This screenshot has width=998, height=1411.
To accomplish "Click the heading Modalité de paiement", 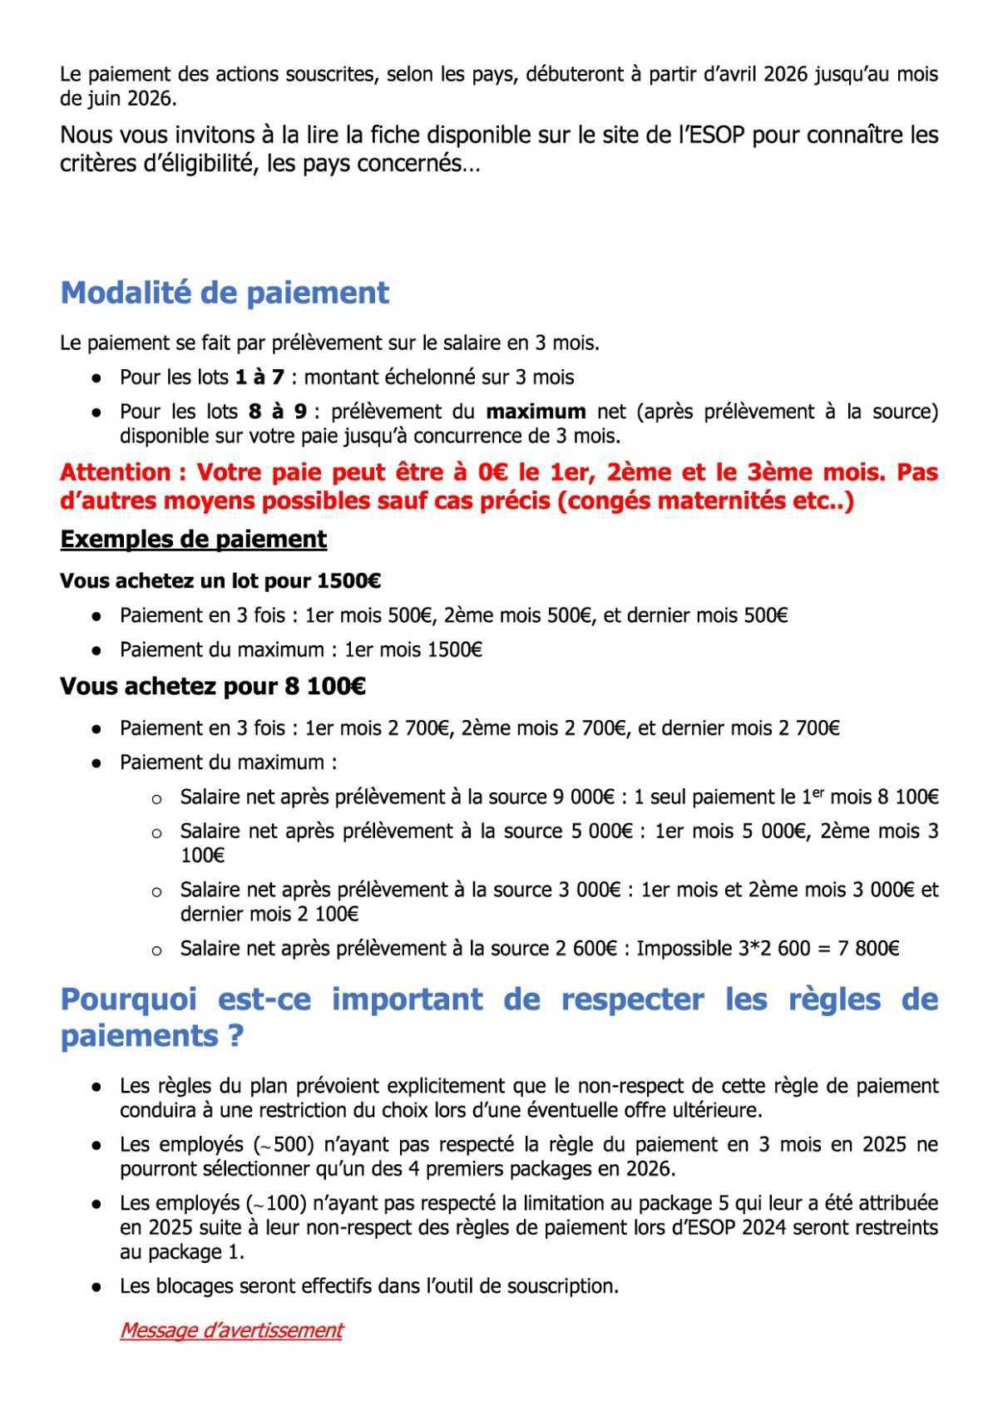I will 225,293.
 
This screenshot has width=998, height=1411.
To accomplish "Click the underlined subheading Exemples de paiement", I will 193,539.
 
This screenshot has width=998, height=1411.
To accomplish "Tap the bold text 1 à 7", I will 259,377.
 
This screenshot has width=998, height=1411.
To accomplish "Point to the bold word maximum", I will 536,411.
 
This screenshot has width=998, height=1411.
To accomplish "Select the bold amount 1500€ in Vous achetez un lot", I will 348,580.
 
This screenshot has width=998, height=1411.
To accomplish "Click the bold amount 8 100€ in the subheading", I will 324,687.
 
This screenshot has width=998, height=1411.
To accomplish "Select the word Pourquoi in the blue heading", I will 129,999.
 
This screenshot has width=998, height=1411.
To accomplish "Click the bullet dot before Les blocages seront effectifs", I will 97,1287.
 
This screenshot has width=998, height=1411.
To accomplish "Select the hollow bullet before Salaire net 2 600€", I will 156,950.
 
